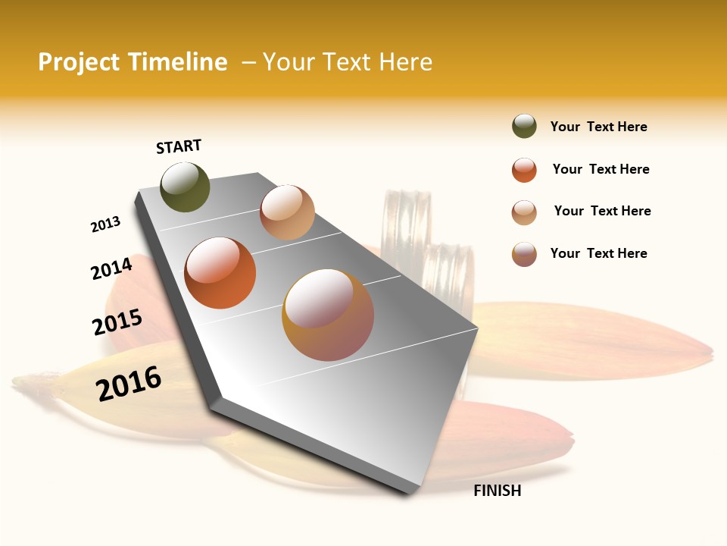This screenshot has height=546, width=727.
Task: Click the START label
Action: tap(179, 146)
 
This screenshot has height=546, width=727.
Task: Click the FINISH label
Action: tap(498, 491)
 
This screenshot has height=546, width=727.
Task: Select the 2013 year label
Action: tap(106, 224)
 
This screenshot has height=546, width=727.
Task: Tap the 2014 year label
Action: tap(112, 268)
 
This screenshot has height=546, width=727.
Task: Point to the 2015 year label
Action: tap(117, 322)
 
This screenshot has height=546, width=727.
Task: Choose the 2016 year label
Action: tap(129, 383)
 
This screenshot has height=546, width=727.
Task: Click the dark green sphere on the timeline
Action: tap(185, 187)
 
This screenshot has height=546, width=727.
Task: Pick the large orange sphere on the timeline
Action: tap(220, 273)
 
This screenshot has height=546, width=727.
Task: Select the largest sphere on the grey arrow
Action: tap(328, 315)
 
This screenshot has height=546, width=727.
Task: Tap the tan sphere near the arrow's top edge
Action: tap(287, 212)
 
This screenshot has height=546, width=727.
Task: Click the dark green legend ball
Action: tap(524, 127)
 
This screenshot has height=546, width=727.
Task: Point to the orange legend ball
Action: tap(524, 169)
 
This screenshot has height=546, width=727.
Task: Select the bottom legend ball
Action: tap(524, 254)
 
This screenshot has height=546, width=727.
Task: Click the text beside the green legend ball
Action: tap(598, 127)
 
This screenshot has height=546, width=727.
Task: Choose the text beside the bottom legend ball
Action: tap(598, 253)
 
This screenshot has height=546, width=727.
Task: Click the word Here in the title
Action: tap(405, 62)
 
